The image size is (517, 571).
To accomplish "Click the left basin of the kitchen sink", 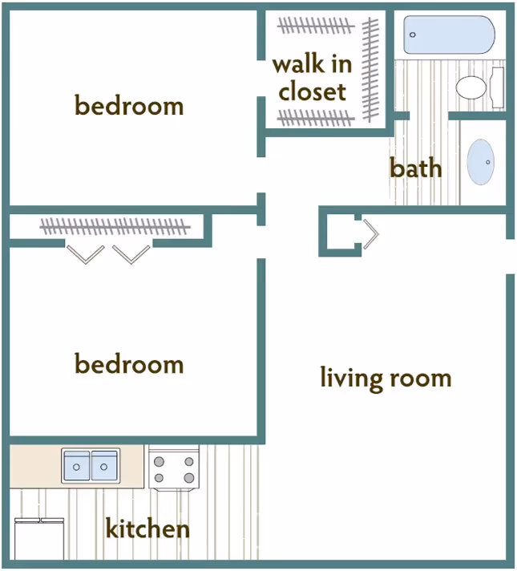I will [x=77, y=465].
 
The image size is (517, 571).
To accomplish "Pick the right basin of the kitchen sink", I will [x=104, y=465].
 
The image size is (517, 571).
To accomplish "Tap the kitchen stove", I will [x=173, y=468].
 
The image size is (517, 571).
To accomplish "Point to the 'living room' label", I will [x=386, y=378].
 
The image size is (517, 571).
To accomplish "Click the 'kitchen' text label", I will [x=148, y=529].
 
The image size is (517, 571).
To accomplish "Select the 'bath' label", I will [x=415, y=168].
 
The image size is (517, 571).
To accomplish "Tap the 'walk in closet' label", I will [x=313, y=78].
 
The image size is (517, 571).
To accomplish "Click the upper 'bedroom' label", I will [x=129, y=105].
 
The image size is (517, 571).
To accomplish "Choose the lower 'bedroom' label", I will [x=129, y=365].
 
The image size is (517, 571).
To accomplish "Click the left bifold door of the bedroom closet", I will [x=85, y=253].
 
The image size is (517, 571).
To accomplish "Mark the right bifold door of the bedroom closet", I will [x=131, y=253].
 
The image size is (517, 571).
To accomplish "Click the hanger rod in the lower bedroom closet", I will [x=115, y=227].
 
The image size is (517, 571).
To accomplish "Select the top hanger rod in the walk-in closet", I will [x=315, y=25].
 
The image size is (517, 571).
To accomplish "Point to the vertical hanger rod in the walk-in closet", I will [x=370, y=68].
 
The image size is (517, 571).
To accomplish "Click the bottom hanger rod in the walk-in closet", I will [x=315, y=118].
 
